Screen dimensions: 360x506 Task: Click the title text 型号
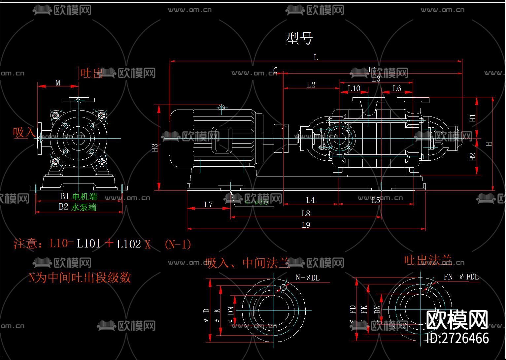click(299, 39)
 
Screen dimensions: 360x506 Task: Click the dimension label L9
click(306, 225)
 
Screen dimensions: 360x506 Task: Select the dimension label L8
click(306, 213)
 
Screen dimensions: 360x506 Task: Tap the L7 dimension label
click(208, 205)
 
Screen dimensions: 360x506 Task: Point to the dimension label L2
click(311, 85)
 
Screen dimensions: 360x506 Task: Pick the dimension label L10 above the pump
click(354, 88)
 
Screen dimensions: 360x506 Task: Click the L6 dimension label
click(397, 88)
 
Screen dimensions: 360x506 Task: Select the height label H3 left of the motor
click(155, 148)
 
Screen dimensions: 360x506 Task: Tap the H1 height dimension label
click(473, 118)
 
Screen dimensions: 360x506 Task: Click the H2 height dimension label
click(473, 157)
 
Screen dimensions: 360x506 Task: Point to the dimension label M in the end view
click(58, 82)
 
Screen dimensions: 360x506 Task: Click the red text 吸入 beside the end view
click(24, 133)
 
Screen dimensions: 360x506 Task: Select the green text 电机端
click(84, 197)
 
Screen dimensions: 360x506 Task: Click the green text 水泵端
click(84, 207)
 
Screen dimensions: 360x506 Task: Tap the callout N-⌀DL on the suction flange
click(307, 278)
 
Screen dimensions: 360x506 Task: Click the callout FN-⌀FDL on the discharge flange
click(461, 277)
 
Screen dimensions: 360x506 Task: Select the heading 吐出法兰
click(428, 260)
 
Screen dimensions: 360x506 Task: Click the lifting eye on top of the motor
click(221, 108)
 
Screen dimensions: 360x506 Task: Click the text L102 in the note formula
click(129, 244)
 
